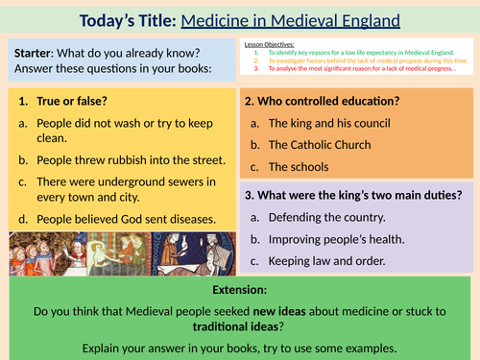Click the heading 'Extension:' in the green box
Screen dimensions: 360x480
pos(240,290)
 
